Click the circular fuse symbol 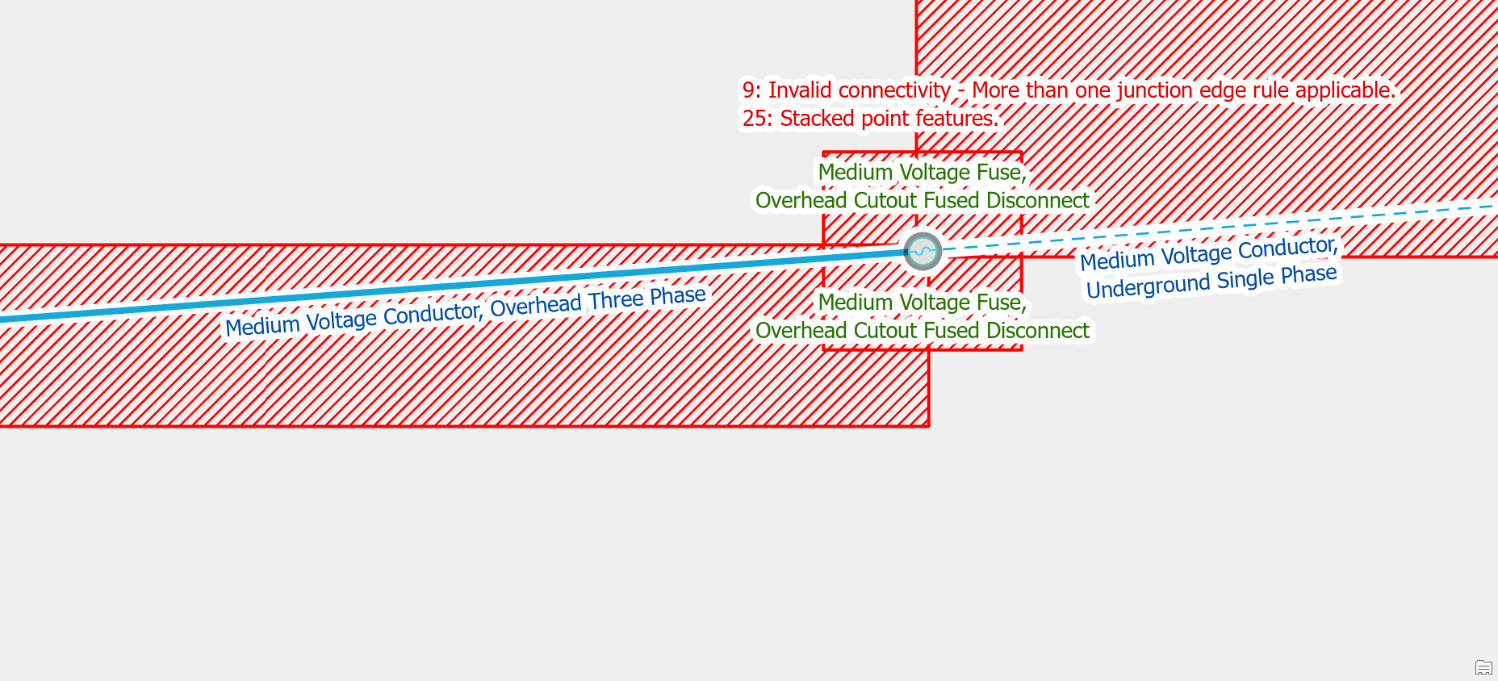(x=923, y=251)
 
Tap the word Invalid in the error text (x=799, y=90)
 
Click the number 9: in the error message (x=751, y=90)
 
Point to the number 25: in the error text (x=757, y=119)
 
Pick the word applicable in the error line (x=1344, y=90)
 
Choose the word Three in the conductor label (x=615, y=301)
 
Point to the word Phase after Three (x=678, y=296)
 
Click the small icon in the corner (x=1483, y=667)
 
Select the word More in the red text (x=996, y=90)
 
